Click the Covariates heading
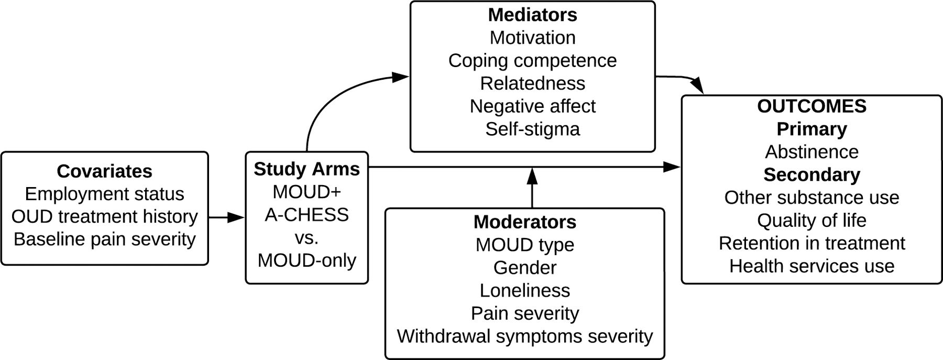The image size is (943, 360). [104, 171]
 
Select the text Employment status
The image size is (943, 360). [104, 194]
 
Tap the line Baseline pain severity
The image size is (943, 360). [104, 239]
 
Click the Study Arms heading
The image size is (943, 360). [306, 169]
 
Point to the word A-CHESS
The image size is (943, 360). [306, 214]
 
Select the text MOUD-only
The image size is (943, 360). [306, 260]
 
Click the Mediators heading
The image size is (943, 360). [532, 15]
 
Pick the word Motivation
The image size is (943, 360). [532, 38]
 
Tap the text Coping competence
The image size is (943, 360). [532, 60]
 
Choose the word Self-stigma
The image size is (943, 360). [532, 129]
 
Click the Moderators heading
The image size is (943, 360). [524, 222]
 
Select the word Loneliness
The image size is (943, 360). [524, 290]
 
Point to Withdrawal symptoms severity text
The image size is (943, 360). [524, 336]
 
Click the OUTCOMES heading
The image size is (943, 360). [812, 106]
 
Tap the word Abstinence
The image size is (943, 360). [812, 152]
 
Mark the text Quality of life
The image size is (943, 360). [812, 220]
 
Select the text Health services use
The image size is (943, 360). [812, 266]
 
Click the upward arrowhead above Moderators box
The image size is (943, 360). [532, 176]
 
